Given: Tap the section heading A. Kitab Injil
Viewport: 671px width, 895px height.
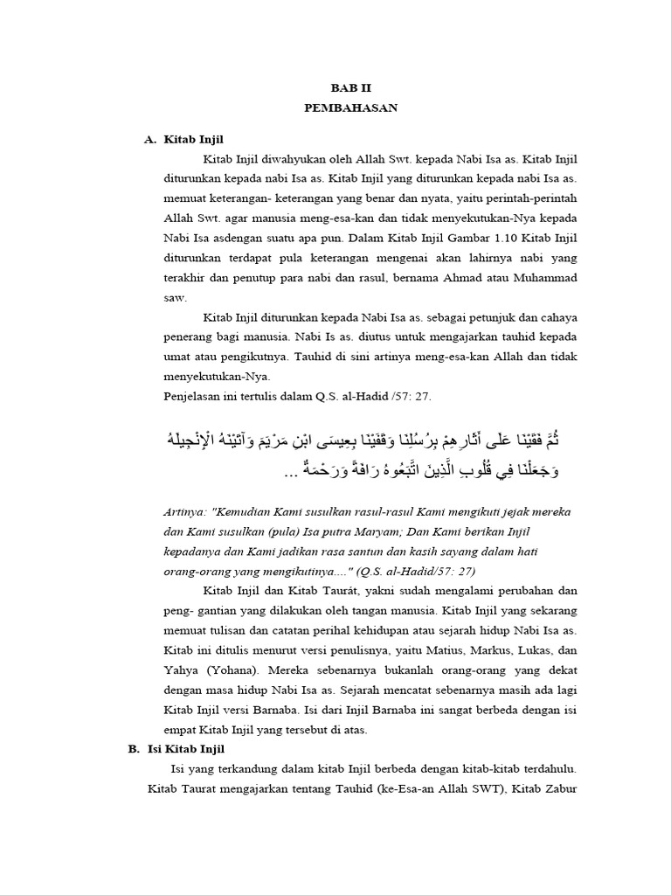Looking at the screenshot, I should tap(187, 140).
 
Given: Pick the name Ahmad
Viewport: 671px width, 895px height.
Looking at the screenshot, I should tap(466, 278).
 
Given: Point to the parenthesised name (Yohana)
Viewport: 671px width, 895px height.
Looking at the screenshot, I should tap(231, 670).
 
